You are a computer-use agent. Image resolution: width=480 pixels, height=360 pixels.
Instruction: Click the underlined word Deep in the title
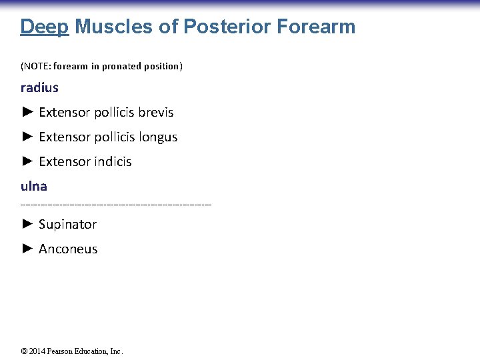point(45,27)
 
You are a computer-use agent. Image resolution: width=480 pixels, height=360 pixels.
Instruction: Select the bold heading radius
point(39,87)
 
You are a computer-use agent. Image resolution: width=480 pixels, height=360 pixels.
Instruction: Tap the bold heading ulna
point(33,186)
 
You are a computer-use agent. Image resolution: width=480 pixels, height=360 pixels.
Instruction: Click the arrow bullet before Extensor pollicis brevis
point(27,112)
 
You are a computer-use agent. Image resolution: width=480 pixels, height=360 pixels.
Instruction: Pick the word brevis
point(156,112)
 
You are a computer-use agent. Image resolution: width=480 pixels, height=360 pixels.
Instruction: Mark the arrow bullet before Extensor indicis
point(27,161)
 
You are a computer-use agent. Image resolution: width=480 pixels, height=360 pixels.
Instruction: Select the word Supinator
point(67,225)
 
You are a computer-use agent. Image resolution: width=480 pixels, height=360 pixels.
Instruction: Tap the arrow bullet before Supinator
point(27,224)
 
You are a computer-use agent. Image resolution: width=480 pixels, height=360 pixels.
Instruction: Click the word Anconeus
point(68,249)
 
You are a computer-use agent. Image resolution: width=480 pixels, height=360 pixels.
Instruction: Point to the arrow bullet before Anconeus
point(27,249)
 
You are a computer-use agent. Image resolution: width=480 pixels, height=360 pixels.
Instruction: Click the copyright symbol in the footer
point(24,351)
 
